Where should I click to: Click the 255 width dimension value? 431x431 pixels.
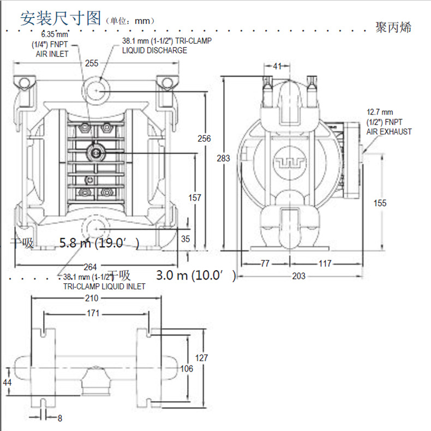pyautogui.click(x=92, y=64)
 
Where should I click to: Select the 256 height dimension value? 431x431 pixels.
pyautogui.click(x=203, y=138)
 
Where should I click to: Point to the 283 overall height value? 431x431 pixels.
pyautogui.click(x=223, y=158)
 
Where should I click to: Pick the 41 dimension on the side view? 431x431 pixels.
pyautogui.click(x=278, y=66)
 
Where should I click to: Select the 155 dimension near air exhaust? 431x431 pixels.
pyautogui.click(x=380, y=203)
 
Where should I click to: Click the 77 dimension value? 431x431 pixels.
pyautogui.click(x=265, y=264)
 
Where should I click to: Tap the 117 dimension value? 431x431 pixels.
pyautogui.click(x=325, y=264)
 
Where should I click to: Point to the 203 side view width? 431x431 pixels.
pyautogui.click(x=298, y=276)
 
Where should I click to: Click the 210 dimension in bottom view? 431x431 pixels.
pyautogui.click(x=92, y=298)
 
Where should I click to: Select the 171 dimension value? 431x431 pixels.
pyautogui.click(x=93, y=314)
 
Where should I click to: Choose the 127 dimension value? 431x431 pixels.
pyautogui.click(x=202, y=358)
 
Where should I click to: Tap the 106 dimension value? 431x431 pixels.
pyautogui.click(x=187, y=369)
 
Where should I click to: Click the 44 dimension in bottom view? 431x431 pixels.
pyautogui.click(x=7, y=383)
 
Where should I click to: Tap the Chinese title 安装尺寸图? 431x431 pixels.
pyautogui.click(x=61, y=19)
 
